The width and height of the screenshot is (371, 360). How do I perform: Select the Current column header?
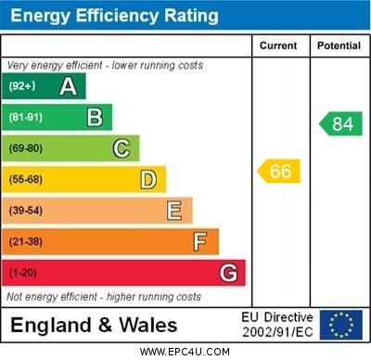[x=278, y=45]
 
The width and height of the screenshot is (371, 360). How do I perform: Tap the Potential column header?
[x=339, y=45]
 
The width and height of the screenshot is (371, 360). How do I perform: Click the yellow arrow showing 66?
[x=278, y=171]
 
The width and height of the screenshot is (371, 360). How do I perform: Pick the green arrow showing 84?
[x=340, y=123]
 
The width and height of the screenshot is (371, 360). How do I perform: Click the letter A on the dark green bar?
[x=68, y=86]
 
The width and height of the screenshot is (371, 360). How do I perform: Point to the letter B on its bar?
[x=95, y=117]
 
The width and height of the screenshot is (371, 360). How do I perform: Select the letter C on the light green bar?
[x=121, y=148]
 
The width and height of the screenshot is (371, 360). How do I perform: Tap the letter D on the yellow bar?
[x=147, y=179]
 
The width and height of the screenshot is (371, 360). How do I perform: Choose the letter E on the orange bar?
[x=173, y=211]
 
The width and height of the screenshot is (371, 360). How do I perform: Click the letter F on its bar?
[x=199, y=242]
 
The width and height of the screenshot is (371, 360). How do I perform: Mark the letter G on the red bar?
[x=228, y=273]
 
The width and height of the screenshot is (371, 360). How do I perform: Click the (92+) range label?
[x=22, y=86]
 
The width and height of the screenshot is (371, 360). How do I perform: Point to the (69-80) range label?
[x=26, y=148]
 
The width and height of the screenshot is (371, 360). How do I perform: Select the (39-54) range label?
[x=26, y=211]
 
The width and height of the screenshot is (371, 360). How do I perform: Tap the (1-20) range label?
[x=23, y=274]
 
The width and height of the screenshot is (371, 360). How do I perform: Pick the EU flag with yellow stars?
[x=341, y=325]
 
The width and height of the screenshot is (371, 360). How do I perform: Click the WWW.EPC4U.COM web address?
[x=185, y=352]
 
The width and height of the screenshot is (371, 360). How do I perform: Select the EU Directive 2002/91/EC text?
[x=277, y=325]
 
